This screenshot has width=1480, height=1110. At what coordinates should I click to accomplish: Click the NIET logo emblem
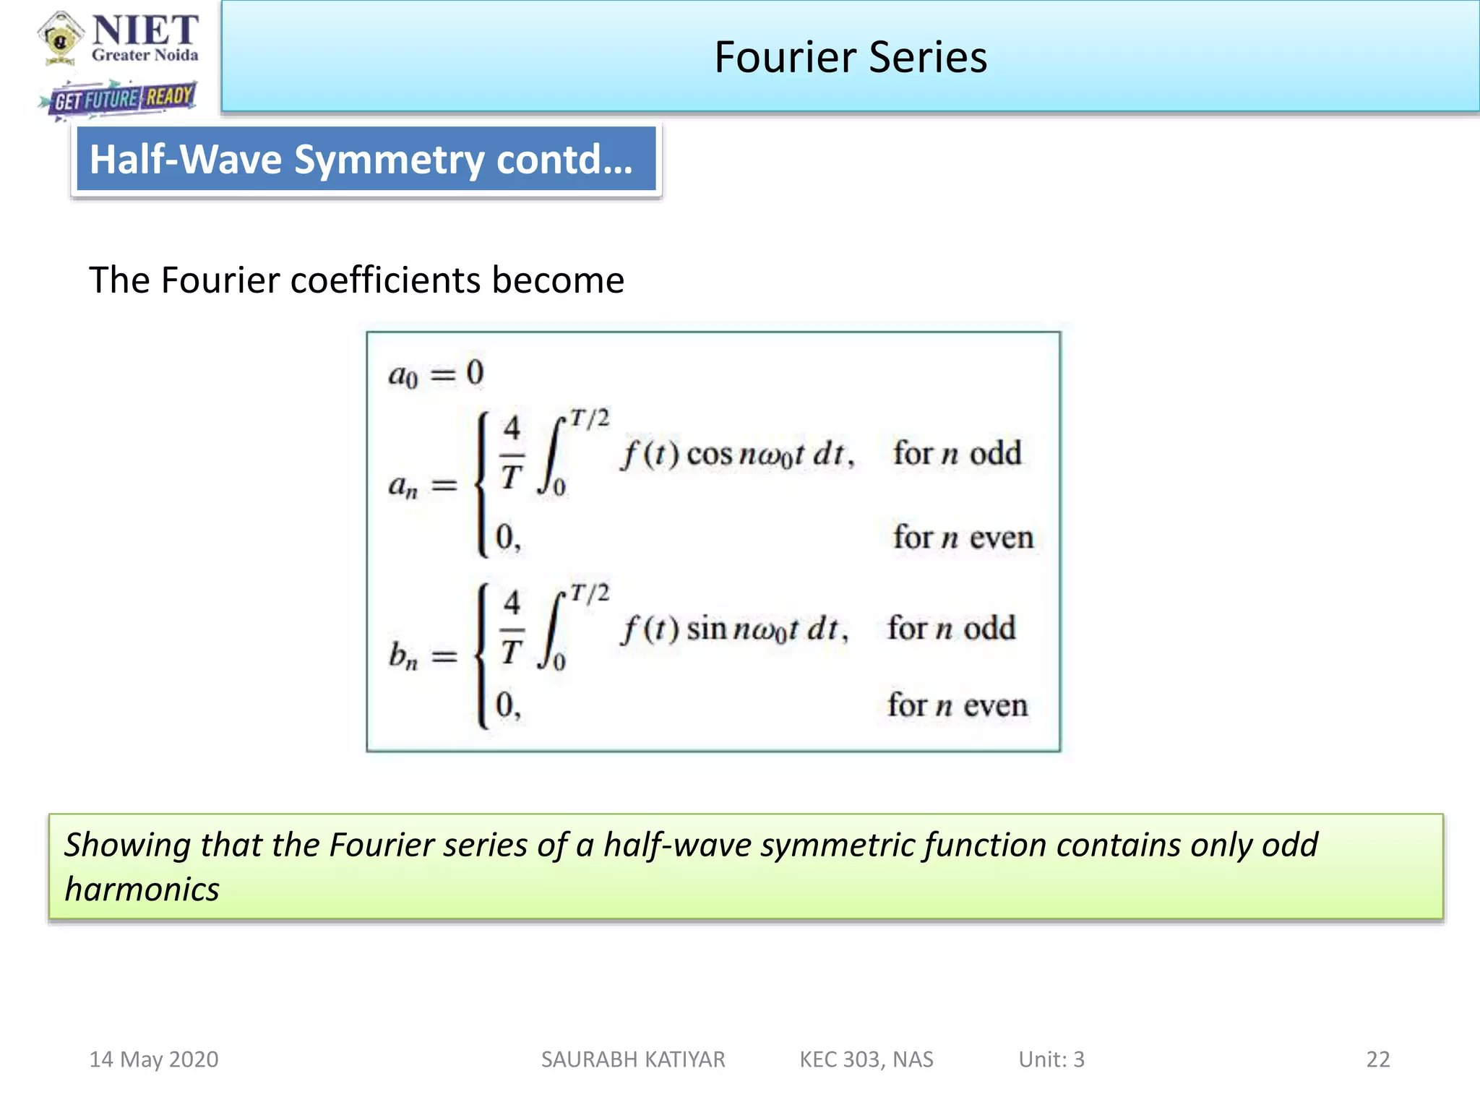[61, 37]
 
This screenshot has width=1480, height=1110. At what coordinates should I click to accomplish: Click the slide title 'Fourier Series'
[850, 57]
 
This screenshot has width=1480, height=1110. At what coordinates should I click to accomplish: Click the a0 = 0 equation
[436, 374]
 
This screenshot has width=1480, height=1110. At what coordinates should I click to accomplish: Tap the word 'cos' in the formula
[709, 455]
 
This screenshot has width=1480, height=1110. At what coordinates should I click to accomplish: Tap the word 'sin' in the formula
[706, 629]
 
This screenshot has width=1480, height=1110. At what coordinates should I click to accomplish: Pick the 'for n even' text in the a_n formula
[963, 538]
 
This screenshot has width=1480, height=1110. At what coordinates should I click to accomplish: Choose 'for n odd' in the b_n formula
[951, 628]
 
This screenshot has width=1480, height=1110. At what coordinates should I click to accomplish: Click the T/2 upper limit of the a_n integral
[590, 418]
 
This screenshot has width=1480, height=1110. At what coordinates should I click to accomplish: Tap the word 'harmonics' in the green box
[142, 890]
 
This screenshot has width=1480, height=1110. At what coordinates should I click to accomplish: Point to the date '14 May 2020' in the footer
[153, 1059]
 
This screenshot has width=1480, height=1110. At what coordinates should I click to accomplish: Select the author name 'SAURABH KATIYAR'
[633, 1059]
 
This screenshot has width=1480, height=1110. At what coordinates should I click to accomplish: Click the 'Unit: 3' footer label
[1051, 1059]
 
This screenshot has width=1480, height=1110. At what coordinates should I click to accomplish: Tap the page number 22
[1377, 1059]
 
